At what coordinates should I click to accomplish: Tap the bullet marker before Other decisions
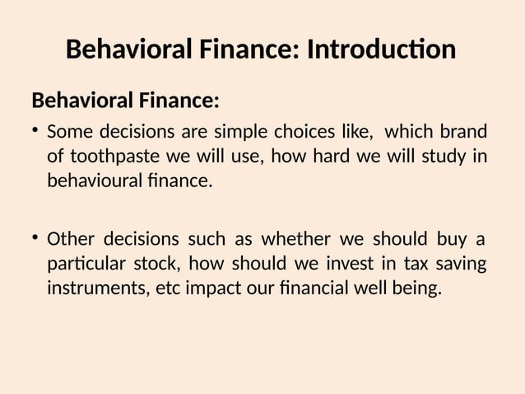pos(36,238)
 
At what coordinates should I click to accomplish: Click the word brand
pos(463,132)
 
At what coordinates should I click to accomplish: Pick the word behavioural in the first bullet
pos(94,180)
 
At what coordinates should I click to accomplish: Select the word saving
pos(462,264)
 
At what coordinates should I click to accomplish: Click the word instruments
pos(94,288)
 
